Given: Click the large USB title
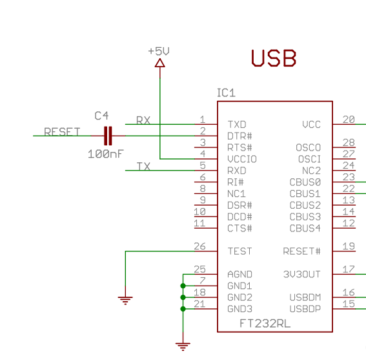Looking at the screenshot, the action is pyautogui.click(x=274, y=58).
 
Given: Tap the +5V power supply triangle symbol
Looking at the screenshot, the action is pyautogui.click(x=160, y=63).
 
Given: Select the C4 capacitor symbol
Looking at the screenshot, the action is pyautogui.click(x=108, y=136).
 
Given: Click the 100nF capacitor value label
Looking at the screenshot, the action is pyautogui.click(x=105, y=154).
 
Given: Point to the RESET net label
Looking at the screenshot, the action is pyautogui.click(x=62, y=132).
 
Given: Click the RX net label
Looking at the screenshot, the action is pyautogui.click(x=143, y=120).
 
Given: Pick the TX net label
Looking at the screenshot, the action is pyautogui.click(x=143, y=167).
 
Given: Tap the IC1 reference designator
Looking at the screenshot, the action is pyautogui.click(x=226, y=93).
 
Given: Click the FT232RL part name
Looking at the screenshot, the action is pyautogui.click(x=265, y=324).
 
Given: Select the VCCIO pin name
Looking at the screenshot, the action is pyautogui.click(x=242, y=159).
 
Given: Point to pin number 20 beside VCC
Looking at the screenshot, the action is pyautogui.click(x=349, y=120).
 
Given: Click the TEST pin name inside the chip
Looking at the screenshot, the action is pyautogui.click(x=239, y=251).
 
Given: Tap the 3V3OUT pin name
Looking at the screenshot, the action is pyautogui.click(x=301, y=274).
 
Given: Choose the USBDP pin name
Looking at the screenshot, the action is pyautogui.click(x=305, y=309).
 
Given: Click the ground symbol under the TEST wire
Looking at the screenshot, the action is pyautogui.click(x=125, y=300).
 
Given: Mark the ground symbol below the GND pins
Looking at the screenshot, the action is pyautogui.click(x=183, y=346).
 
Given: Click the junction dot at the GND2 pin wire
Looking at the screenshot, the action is pyautogui.click(x=183, y=297).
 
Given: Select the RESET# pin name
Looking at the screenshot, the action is pyautogui.click(x=301, y=251).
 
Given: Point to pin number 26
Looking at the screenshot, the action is pyautogui.click(x=199, y=246).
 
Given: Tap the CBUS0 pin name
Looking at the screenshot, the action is pyautogui.click(x=305, y=182).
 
